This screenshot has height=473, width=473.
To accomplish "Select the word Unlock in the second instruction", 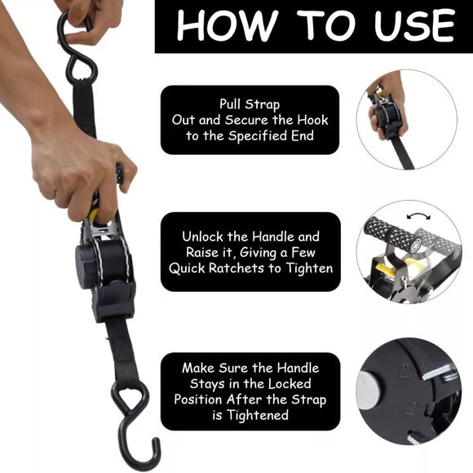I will click(x=205, y=237).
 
